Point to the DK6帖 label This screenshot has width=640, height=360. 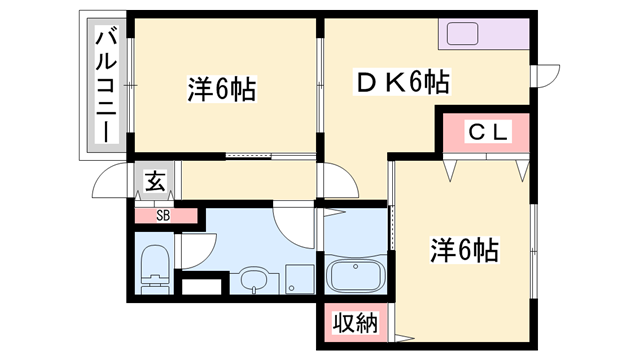402,80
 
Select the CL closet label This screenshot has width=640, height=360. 490,131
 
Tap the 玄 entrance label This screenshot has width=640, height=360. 155,181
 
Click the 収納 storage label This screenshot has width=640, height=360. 355,323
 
